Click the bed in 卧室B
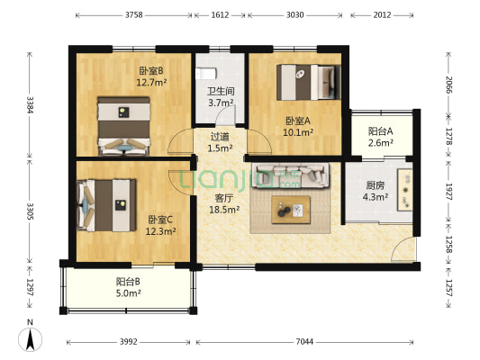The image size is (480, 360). [123, 124]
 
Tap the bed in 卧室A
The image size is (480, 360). [307, 82]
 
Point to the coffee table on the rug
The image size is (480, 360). [292, 209]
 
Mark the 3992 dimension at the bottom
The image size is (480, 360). [131, 342]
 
